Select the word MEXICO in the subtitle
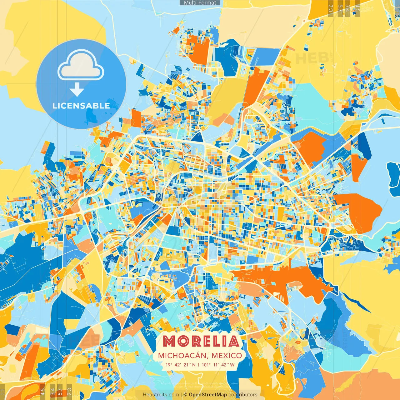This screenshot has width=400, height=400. [x=227, y=356]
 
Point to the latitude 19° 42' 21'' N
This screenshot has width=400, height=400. [x=181, y=365]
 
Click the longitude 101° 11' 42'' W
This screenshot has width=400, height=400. [x=218, y=365]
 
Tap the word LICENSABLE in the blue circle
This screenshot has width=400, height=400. [x=81, y=106]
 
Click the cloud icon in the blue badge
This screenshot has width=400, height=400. [x=81, y=66]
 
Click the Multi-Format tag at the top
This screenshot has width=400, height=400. [x=200, y=3]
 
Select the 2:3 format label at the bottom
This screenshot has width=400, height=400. [x=69, y=391]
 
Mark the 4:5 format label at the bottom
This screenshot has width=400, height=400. [x=43, y=391]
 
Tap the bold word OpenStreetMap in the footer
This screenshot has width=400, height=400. [x=208, y=395]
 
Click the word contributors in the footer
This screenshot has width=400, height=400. [x=243, y=395]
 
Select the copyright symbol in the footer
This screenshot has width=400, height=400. [x=185, y=395]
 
